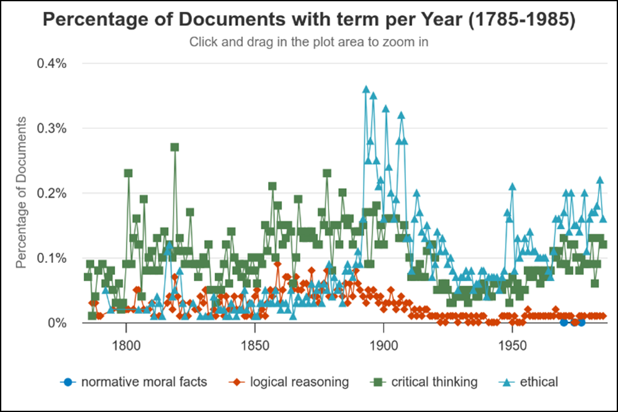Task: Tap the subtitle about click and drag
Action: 309,43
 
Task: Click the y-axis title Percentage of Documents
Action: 21,192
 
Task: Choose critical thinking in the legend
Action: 434,382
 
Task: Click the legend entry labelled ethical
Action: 539,382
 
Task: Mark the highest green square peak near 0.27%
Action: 174,147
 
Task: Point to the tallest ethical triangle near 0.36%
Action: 366,89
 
